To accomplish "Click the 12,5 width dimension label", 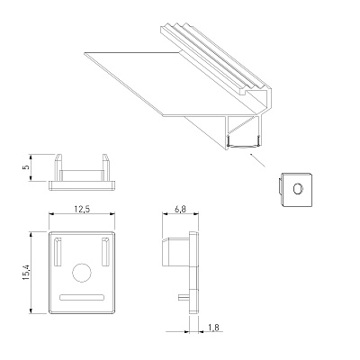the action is click(82, 209).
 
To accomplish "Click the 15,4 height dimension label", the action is click(26, 273).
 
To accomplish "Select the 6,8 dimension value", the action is click(180, 209).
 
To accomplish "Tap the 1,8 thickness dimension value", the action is click(213, 328).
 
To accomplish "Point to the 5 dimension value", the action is click(26, 166).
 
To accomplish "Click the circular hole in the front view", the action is click(82, 273).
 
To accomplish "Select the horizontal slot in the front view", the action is click(82, 297).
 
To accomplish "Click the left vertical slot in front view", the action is click(58, 252).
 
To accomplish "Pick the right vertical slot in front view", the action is click(105, 252).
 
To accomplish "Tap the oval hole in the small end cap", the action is click(298, 189).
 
